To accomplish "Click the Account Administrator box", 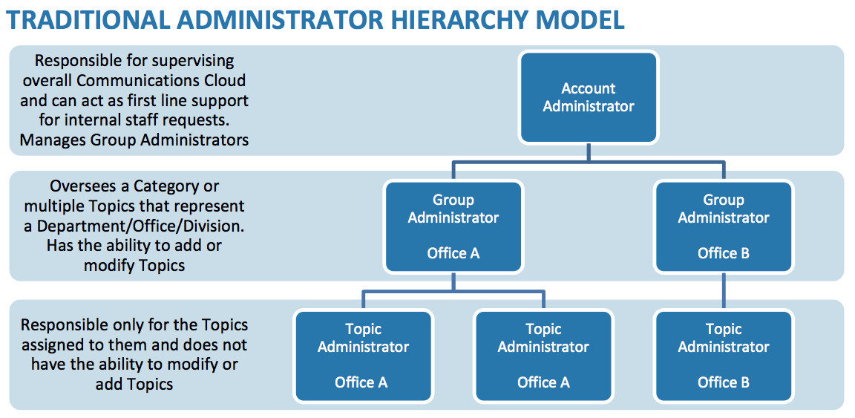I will [588, 97].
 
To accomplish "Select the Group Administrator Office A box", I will [453, 226].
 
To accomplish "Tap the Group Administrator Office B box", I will [723, 226].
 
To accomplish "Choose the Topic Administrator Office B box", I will [723, 356].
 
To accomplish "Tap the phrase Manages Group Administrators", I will [134, 139].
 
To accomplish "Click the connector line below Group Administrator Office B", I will [724, 291].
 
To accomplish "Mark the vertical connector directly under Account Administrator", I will [589, 151].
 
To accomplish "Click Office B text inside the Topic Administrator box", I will [723, 382].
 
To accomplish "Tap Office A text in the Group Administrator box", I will [453, 253].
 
